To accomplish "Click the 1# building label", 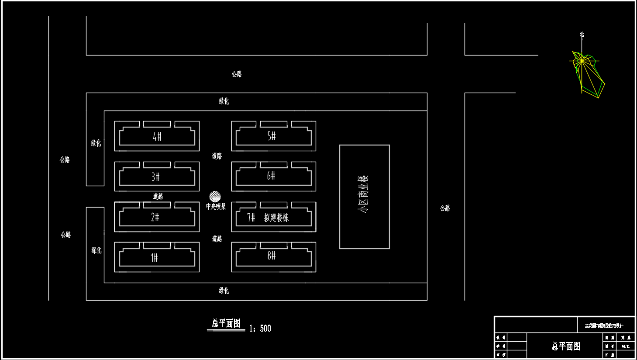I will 154,258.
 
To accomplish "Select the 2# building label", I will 155,217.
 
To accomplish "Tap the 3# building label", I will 155,177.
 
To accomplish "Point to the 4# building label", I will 157,136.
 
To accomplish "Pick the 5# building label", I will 272,136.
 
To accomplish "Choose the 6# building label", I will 271,176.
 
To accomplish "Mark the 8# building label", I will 272,256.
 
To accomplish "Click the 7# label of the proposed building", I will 251,217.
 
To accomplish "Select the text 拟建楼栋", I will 276,217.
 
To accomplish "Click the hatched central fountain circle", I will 215,196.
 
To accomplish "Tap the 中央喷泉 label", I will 216,206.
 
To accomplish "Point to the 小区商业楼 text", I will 363,194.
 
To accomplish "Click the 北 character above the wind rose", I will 582,35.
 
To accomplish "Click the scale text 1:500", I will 260,329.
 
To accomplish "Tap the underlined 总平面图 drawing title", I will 226,323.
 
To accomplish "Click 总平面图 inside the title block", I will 566,346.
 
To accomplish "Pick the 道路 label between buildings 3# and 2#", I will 158,197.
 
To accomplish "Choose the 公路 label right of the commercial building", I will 445,208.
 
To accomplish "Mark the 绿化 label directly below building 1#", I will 224,291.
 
